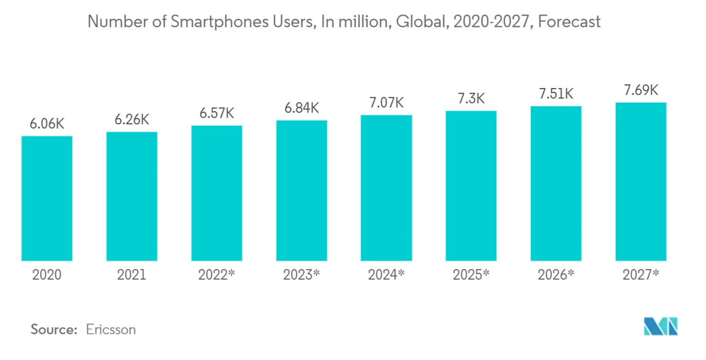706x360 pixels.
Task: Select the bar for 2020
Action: click(x=47, y=198)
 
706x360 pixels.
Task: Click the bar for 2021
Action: click(x=132, y=196)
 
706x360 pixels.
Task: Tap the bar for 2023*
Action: click(x=301, y=191)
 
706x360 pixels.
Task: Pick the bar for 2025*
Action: click(x=471, y=186)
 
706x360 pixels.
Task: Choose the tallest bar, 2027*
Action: click(x=640, y=182)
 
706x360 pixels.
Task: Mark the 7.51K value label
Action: click(x=556, y=94)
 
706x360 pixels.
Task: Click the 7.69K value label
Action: click(x=640, y=90)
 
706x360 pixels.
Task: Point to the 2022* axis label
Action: click(x=216, y=275)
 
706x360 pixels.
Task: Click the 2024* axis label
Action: click(x=386, y=275)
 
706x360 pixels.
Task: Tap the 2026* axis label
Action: click(x=556, y=275)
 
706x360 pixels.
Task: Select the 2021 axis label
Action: click(x=132, y=275)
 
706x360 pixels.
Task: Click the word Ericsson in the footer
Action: click(x=111, y=330)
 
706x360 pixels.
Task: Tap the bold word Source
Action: click(x=53, y=330)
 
